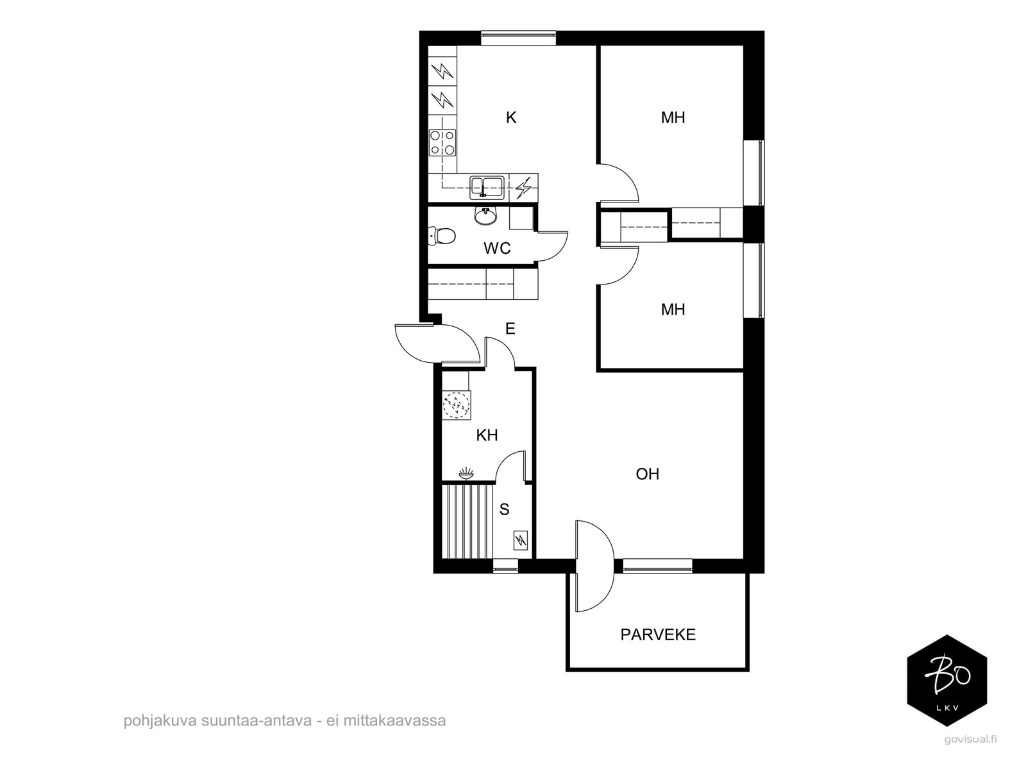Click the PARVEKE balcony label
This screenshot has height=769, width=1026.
tap(658, 634)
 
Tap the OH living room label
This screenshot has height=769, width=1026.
tap(648, 474)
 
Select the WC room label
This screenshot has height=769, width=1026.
tap(497, 248)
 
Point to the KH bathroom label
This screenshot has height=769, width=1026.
tap(487, 435)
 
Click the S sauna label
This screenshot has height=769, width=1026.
tap(504, 509)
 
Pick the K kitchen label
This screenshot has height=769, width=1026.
tap(511, 118)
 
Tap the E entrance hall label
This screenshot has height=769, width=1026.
tap(510, 329)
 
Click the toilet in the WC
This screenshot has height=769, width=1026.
tap(442, 236)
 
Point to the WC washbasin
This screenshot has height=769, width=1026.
tap(485, 215)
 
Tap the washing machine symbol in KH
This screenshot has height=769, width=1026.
tap(456, 405)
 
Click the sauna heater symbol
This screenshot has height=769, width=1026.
tap(520, 541)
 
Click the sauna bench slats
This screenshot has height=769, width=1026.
tap(468, 522)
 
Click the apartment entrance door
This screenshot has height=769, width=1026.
tap(437, 343)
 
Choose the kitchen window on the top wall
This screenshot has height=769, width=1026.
tap(518, 38)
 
